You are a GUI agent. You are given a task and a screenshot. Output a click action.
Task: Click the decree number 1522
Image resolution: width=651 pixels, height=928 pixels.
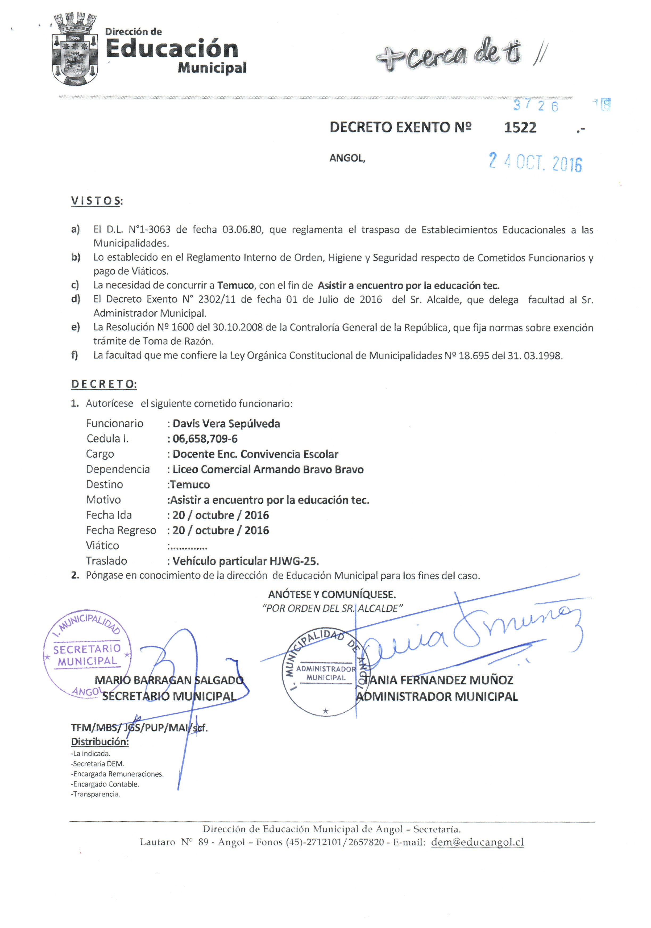coord(520,127)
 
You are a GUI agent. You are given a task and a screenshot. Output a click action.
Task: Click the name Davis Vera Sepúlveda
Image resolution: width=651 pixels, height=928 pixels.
coord(226,424)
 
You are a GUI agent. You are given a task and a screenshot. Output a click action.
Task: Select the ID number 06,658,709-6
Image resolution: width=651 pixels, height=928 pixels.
coord(205,439)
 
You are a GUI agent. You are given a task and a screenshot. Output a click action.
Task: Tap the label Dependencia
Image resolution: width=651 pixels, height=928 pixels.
coord(118,469)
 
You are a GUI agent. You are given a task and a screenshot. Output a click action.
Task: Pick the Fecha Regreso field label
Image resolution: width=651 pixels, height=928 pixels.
coord(121,530)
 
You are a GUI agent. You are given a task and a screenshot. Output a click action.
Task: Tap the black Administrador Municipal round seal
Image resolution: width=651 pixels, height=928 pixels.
coord(326,674)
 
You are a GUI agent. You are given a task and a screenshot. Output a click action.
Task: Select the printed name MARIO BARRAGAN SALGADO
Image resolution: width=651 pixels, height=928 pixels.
coord(169,680)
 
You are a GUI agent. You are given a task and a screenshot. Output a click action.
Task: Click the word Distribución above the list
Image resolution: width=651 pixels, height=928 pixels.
coord(100,742)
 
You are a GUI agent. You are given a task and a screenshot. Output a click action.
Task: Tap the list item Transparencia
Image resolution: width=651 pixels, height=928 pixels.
coord(96,794)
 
